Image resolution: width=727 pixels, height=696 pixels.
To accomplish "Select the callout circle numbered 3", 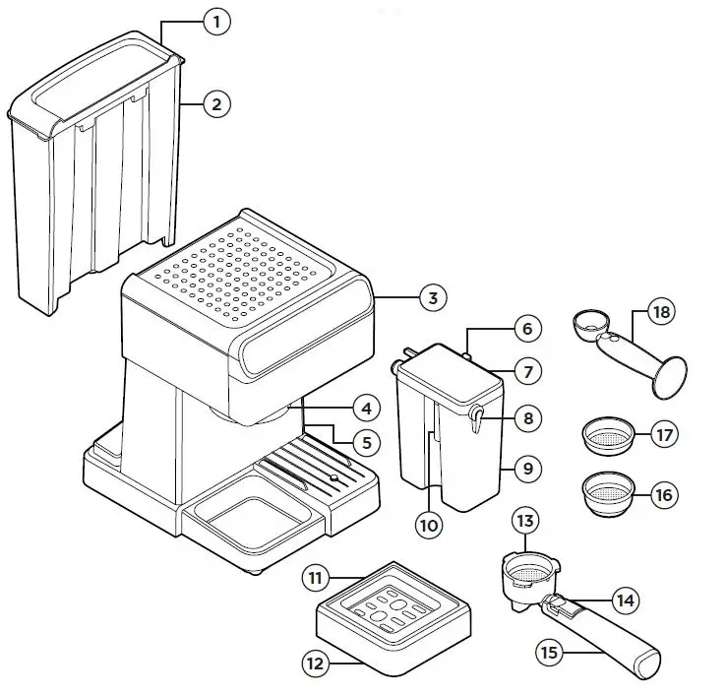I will tap(432, 298).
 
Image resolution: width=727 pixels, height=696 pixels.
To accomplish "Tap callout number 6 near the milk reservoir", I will tap(526, 330).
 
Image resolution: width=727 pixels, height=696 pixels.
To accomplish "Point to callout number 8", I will tap(527, 418).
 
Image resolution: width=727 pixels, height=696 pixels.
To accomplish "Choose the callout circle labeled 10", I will tap(428, 525).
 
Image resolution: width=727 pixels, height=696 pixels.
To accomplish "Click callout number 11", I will tap(316, 579).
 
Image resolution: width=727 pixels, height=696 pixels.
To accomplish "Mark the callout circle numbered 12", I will tap(315, 664).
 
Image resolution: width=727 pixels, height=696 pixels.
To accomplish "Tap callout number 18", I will tap(662, 313).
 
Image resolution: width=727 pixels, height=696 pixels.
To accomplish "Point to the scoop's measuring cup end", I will tap(591, 322).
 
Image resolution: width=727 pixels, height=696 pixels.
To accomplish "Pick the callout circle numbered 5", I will tap(366, 443).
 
